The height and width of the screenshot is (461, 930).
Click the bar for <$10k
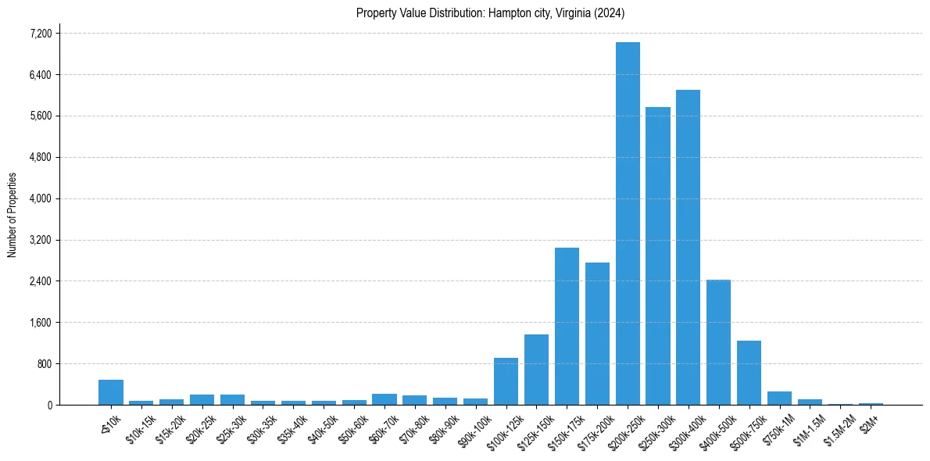(x=111, y=392)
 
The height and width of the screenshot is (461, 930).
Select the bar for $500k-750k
(x=749, y=373)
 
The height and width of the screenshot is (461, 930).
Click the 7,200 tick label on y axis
(x=40, y=34)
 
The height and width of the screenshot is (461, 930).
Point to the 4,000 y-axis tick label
(x=40, y=198)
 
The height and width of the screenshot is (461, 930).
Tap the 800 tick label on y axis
(x=44, y=364)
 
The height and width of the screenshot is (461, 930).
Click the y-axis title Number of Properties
(x=12, y=215)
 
